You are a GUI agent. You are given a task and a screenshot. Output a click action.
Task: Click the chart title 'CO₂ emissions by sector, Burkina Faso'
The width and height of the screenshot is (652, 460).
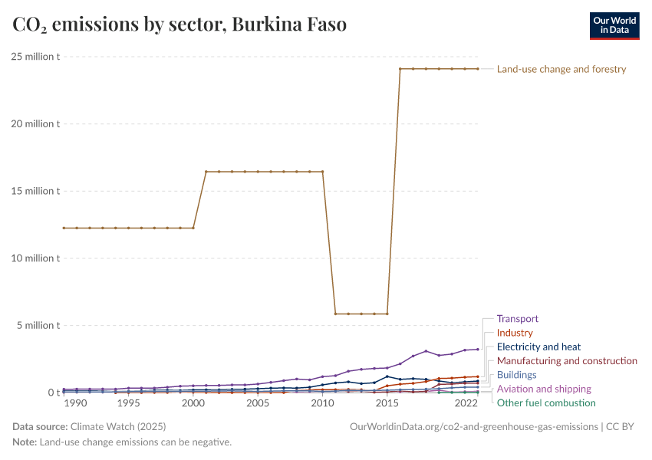[x=179, y=25]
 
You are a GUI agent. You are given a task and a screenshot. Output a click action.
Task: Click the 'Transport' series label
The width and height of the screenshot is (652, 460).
[x=518, y=319]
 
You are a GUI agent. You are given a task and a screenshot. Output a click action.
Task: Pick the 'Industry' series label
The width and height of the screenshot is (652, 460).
[x=515, y=333]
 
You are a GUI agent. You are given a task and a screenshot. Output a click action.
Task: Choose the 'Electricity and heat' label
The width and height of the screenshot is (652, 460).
[x=539, y=347]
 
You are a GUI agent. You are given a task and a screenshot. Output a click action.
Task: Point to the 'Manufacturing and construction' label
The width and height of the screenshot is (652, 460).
[x=567, y=360]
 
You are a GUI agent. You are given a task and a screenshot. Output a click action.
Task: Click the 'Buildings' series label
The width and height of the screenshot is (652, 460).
[x=517, y=375]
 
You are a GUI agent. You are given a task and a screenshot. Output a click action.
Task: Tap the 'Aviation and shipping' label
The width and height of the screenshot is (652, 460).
[x=544, y=389]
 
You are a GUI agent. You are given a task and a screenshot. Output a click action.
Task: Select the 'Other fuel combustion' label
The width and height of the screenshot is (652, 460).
[x=546, y=402]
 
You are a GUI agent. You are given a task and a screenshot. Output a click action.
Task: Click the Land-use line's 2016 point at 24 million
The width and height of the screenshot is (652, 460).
[x=400, y=69]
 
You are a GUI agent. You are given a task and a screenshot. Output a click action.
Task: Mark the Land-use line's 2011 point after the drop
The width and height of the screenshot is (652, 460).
[x=335, y=314]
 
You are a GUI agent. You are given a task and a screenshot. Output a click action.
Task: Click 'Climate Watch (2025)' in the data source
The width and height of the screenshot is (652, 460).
[x=117, y=426]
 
